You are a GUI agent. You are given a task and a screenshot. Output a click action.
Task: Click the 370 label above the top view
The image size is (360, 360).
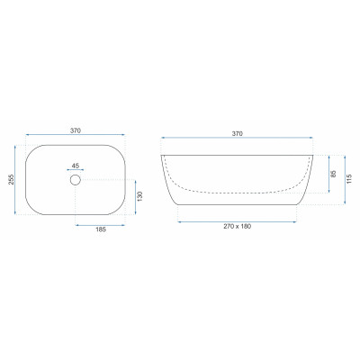(76, 130)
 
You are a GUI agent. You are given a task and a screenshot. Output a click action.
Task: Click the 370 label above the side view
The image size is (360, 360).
(238, 134)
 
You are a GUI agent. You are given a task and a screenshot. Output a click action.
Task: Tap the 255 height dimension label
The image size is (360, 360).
(11, 180)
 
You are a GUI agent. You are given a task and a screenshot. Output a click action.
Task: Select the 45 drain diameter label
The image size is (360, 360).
(76, 166)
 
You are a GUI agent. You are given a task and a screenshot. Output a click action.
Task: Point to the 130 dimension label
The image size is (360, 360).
(140, 196)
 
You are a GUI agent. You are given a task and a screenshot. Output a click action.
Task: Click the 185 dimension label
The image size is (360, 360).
(101, 229)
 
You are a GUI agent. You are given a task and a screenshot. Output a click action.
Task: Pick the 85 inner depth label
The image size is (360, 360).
(334, 174)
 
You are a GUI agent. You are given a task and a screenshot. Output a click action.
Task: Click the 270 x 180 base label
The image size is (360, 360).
(238, 226)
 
